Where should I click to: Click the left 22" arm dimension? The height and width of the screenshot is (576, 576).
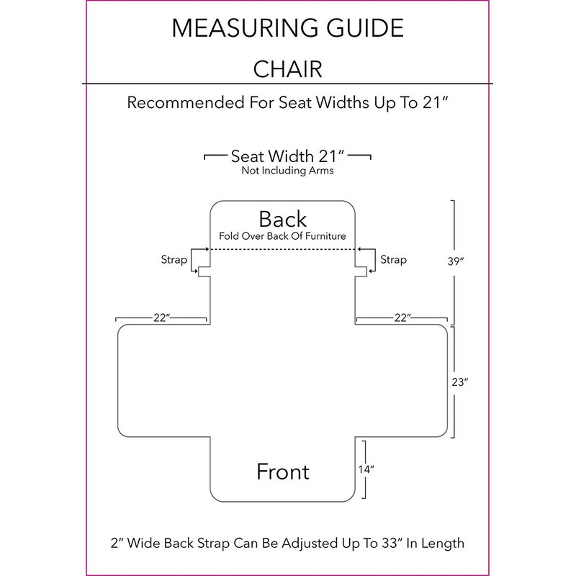coord(162,318)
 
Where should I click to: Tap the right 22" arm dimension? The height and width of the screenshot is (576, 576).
coord(402,318)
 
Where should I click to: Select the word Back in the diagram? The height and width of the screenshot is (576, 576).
coord(283,219)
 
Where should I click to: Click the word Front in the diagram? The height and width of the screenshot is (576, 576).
coord(283,472)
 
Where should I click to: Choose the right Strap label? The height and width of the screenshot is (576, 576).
coord(393,259)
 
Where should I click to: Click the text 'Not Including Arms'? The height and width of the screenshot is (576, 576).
coord(287,172)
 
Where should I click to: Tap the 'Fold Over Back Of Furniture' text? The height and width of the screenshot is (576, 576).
coord(282,236)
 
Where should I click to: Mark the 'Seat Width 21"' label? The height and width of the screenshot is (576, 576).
coord(287,156)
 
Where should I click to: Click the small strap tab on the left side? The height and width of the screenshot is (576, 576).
coord(204,272)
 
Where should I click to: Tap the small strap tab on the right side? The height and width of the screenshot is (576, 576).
coord(361,272)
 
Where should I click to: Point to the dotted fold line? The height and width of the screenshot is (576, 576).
coord(282,249)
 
